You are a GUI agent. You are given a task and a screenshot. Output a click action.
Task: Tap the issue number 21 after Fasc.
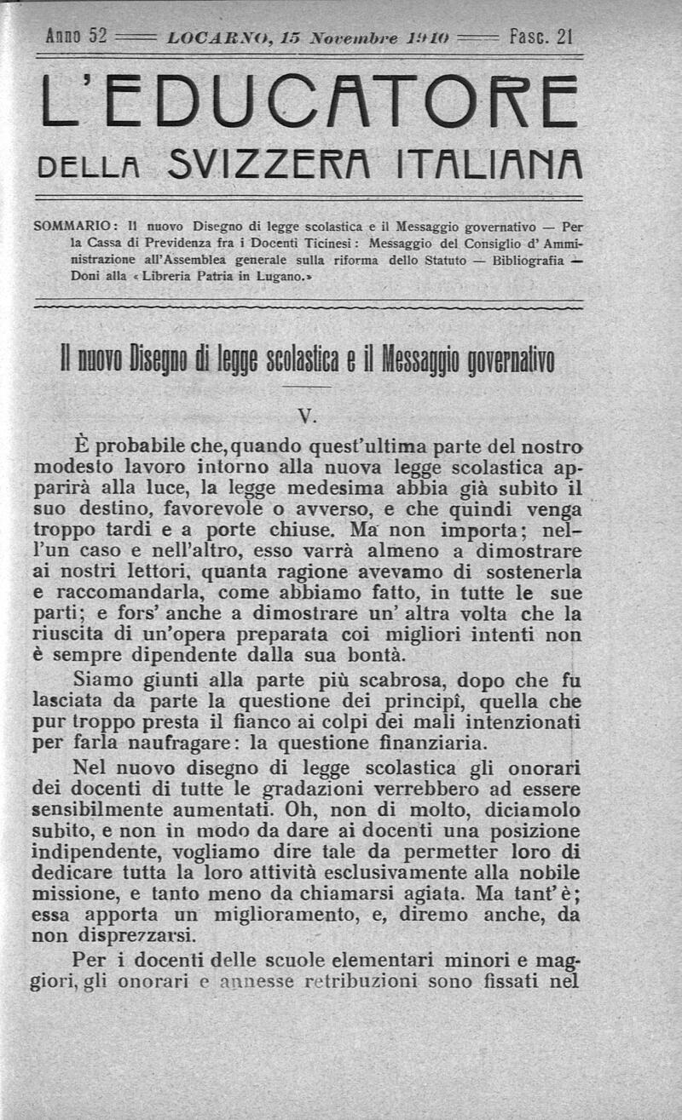(x=563, y=37)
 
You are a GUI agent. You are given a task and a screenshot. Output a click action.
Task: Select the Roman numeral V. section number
(x=309, y=416)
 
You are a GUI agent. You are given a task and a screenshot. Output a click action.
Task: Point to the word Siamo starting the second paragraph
(x=103, y=680)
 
